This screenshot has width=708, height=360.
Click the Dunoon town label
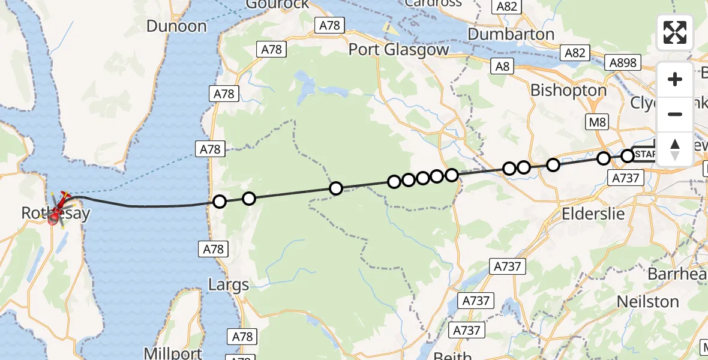[176, 26]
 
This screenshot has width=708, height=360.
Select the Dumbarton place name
[511, 34]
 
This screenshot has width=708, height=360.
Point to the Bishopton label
[568, 90]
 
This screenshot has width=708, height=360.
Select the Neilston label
[648, 301]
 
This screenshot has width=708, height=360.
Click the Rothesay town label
[56, 213]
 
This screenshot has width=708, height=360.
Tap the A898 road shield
[623, 62]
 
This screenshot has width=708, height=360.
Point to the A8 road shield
[503, 66]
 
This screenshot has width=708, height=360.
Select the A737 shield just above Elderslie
[626, 177]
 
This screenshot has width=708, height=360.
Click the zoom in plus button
[675, 79]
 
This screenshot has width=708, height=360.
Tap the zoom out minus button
[675, 114]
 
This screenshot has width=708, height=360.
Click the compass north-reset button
[675, 149]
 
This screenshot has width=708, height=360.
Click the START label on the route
[645, 154]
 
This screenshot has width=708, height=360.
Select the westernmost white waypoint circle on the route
[220, 202]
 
